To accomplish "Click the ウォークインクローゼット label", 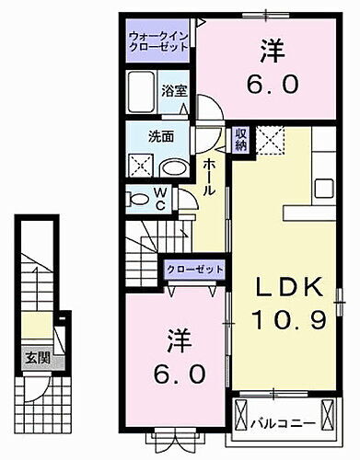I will click(x=158, y=40).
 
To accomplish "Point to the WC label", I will click(x=159, y=198).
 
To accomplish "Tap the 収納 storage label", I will click(x=240, y=140).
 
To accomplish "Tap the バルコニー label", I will click(x=285, y=424).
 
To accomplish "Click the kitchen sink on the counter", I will click(x=323, y=188).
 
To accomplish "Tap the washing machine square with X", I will click(x=141, y=167).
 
